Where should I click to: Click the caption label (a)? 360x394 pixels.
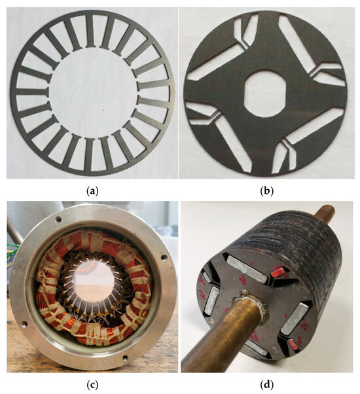[x=92, y=192]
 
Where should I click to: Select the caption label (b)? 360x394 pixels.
[x=267, y=192]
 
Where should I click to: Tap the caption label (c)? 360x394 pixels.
[x=92, y=384]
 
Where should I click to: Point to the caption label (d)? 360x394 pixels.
[x=267, y=384]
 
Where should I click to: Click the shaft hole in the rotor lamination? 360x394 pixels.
[x=265, y=94]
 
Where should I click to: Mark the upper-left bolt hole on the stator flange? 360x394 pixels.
[x=58, y=219]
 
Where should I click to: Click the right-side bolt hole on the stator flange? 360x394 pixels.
[x=164, y=257]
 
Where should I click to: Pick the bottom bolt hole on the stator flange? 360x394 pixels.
[x=125, y=357]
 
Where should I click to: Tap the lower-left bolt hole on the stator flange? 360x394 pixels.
[x=24, y=323]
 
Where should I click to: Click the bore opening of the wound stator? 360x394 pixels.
[x=93, y=281]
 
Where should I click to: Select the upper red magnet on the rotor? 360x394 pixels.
[x=278, y=270]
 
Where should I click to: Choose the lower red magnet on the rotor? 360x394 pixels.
[x=293, y=343]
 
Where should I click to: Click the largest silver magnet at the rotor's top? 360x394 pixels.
[x=247, y=268]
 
